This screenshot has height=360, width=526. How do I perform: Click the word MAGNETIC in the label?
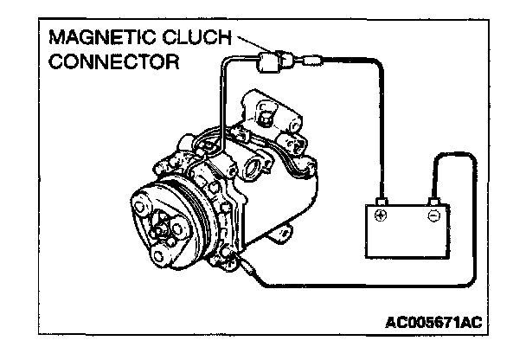(x=100, y=40)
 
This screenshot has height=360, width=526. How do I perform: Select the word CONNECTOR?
(x=114, y=62)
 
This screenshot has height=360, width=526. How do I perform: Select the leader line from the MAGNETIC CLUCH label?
(x=246, y=41)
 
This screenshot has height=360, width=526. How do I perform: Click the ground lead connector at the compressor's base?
(x=250, y=269)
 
